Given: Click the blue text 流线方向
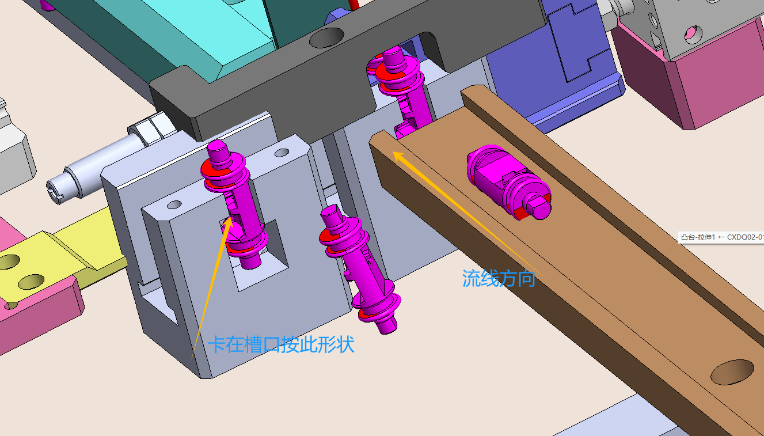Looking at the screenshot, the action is point(499,278).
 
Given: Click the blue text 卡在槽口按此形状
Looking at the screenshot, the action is point(281,344).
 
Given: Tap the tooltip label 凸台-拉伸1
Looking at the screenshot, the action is point(698,237).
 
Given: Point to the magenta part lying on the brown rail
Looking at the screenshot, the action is point(509,182).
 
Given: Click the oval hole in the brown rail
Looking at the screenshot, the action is point(732,372).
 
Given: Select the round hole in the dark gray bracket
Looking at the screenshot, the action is point(326,37).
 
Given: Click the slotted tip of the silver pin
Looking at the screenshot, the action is point(55,192).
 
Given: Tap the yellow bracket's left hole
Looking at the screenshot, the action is point(9,261).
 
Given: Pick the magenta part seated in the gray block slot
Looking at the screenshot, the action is point(234,204).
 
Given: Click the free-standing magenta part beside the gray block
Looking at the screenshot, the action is point(359,269).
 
